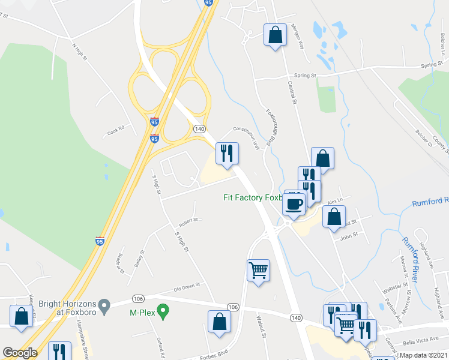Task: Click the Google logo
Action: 19,353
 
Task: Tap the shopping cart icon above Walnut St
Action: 258,271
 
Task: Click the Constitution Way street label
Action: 246,136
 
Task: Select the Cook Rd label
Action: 115,128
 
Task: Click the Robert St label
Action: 188,220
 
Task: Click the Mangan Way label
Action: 298,32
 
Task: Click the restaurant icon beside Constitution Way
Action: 227,154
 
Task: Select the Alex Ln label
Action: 335,200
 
